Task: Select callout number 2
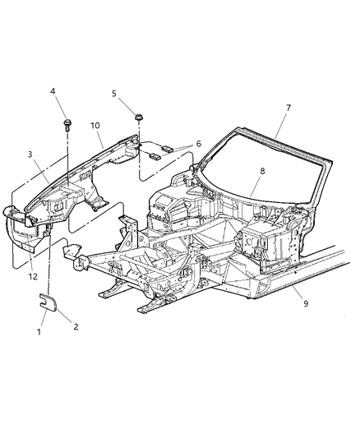(75, 327)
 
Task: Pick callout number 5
(115, 94)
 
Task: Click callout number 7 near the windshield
(289, 108)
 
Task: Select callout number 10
(95, 126)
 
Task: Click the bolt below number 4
(65, 124)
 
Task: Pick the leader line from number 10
(102, 139)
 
